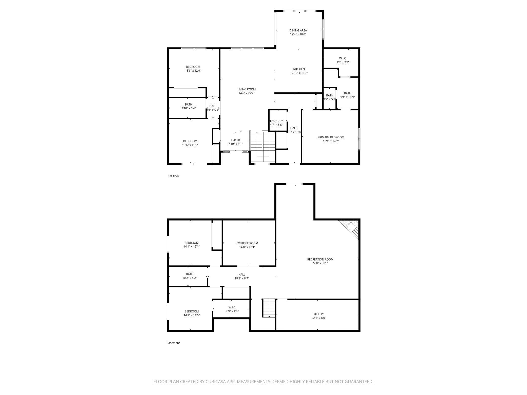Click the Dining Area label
298,30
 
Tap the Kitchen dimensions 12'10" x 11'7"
299,73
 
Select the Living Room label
246,89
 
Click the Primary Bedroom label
331,137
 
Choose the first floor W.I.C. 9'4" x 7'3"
343,60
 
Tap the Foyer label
235,140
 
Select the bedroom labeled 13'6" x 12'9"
193,69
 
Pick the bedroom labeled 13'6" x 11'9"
190,143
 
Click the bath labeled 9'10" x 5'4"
189,106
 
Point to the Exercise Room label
247,243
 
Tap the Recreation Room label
320,259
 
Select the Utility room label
318,314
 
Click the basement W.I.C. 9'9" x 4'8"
232,309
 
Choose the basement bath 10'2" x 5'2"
190,276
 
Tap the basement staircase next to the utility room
269,308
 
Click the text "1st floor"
174,176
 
